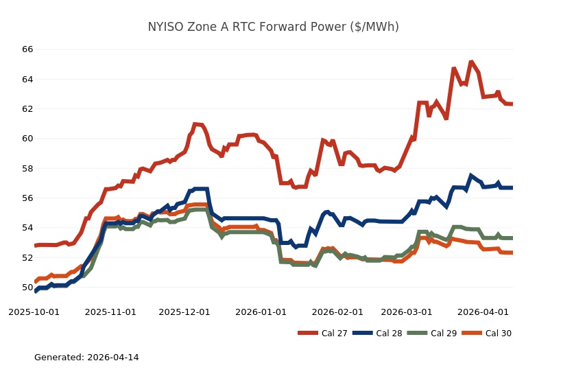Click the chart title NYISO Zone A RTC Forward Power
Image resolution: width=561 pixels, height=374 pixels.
(x=273, y=27)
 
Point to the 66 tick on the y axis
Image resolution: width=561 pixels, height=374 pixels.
(x=27, y=49)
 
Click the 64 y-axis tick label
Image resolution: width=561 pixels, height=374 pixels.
(x=27, y=79)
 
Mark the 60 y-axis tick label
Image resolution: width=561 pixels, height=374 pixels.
(x=27, y=139)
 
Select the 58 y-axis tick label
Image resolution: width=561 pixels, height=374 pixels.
(x=27, y=168)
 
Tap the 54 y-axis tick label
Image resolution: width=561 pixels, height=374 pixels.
(x=27, y=228)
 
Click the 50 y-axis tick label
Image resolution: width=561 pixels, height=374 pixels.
(x=27, y=287)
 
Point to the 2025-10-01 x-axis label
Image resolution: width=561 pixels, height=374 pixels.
(x=34, y=312)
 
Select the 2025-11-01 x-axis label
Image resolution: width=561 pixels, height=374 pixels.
(x=110, y=312)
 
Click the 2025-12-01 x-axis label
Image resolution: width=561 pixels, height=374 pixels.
(x=184, y=312)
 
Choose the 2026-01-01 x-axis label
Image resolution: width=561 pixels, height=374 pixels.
(x=261, y=312)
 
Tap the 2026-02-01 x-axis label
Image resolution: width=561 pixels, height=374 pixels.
(x=337, y=312)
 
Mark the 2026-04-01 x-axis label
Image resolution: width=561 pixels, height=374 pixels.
(x=483, y=312)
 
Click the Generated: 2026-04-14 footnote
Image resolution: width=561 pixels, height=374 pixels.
(x=86, y=358)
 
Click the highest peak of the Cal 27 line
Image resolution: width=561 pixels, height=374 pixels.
(x=471, y=62)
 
